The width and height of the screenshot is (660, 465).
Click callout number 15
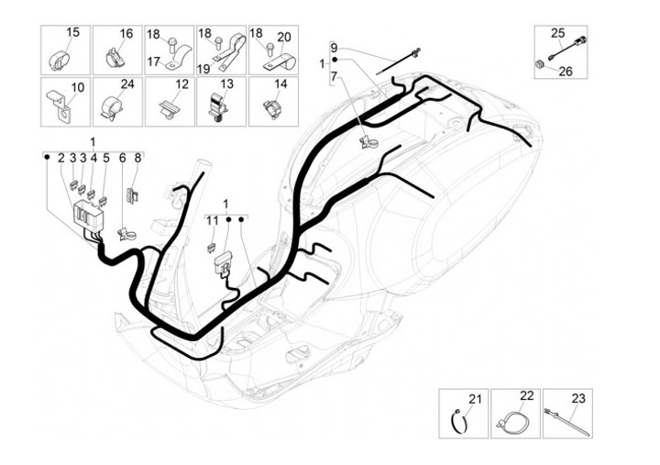pyautogui.click(x=73, y=32)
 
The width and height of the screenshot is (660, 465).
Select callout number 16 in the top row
pyautogui.click(x=126, y=33)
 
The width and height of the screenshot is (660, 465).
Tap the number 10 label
pyautogui.click(x=77, y=87)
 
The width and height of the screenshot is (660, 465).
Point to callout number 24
pyautogui.click(x=127, y=84)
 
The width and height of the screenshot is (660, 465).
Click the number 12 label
pyautogui.click(x=181, y=84)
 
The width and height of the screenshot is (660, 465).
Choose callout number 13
pyautogui.click(x=227, y=84)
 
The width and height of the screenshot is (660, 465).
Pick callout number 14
pyautogui.click(x=280, y=84)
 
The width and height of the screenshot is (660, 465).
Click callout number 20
pyautogui.click(x=284, y=37)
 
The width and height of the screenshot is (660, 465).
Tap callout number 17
pyautogui.click(x=154, y=61)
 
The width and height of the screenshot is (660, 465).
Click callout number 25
pyautogui.click(x=557, y=33)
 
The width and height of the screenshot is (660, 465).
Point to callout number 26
pyautogui.click(x=566, y=70)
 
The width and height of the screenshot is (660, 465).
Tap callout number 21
pyautogui.click(x=474, y=398)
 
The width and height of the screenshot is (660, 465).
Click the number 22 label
pyautogui.click(x=526, y=395)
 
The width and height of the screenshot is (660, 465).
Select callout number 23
pyautogui.click(x=577, y=398)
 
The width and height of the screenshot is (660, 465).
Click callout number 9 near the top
pyautogui.click(x=334, y=47)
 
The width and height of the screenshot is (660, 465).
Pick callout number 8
pyautogui.click(x=137, y=158)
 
